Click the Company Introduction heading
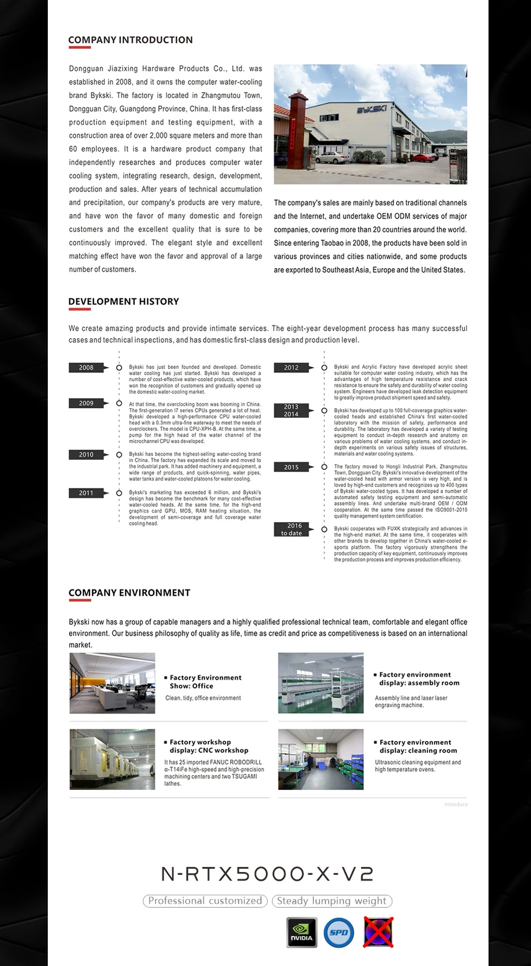(x=130, y=40)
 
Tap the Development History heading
(x=124, y=301)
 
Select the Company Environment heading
(x=129, y=593)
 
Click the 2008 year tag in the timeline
(x=87, y=367)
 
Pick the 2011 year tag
(x=87, y=493)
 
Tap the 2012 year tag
(x=292, y=367)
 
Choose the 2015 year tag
(x=292, y=467)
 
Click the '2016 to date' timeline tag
(x=292, y=529)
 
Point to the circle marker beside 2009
(x=119, y=403)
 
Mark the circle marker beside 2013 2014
(x=324, y=410)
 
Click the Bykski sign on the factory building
(x=371, y=110)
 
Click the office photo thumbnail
(x=113, y=683)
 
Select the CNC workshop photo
(x=113, y=759)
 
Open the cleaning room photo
(x=321, y=759)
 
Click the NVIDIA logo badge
(x=302, y=932)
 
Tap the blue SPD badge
(x=339, y=932)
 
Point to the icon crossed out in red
(x=378, y=931)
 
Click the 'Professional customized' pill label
(x=205, y=901)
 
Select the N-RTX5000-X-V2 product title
(x=267, y=874)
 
